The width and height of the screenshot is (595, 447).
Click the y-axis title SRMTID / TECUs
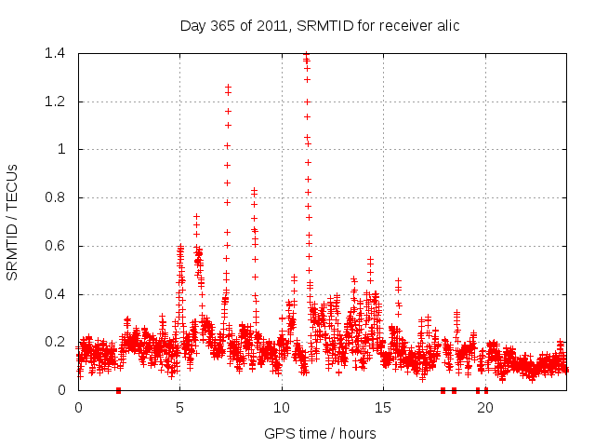tap(12, 222)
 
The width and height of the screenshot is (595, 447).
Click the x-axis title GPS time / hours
tap(320, 433)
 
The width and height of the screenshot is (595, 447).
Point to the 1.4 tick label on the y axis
tap(54, 53)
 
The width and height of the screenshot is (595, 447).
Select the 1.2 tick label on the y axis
tap(54, 102)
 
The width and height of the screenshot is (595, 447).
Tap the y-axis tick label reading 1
tap(60, 149)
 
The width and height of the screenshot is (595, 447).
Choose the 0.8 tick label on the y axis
tap(54, 197)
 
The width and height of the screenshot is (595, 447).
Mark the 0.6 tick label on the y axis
tap(54, 246)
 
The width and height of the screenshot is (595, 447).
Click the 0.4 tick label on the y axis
tap(54, 294)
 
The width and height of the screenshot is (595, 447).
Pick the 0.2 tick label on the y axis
tap(54, 343)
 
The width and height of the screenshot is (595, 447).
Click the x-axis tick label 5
tap(180, 407)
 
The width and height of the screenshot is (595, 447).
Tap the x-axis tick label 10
tap(282, 407)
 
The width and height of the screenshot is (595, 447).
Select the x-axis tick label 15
tap(383, 407)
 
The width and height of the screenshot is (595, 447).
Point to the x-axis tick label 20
tap(484, 407)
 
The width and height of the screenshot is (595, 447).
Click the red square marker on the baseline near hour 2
tap(118, 390)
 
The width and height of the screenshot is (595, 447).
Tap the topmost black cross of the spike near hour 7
tap(228, 87)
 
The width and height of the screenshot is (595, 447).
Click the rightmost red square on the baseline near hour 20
tap(486, 390)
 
